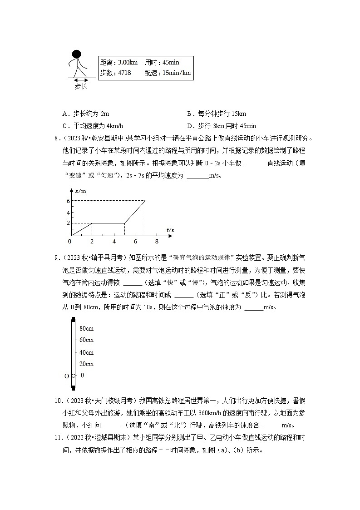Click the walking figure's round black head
tap(76, 54)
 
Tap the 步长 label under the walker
tap(80, 86)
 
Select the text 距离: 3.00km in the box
tap(118, 63)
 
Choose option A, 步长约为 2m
tap(86, 114)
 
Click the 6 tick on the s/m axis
tap(68, 200)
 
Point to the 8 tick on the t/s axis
tap(157, 241)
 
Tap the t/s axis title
tap(170, 230)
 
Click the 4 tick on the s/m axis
tap(68, 212)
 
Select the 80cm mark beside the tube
tap(86, 328)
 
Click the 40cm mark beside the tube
tap(86, 352)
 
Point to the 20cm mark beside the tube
tap(86, 364)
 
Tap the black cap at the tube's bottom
tap(73, 387)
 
